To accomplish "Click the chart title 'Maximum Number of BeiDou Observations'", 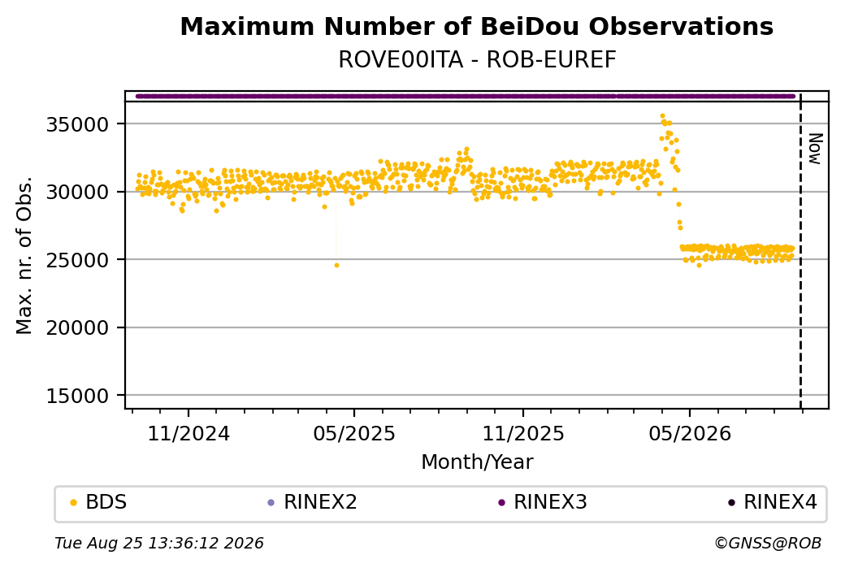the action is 476,26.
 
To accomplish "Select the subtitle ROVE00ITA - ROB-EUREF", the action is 477,60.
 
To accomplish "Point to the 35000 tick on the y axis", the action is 78,124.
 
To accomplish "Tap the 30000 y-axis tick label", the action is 78,192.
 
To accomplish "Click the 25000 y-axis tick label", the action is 78,260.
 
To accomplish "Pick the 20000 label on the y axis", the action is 78,327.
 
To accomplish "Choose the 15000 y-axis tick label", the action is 78,396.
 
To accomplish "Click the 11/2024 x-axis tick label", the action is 188,433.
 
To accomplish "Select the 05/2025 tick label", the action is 354,433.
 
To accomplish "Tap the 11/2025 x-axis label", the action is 522,433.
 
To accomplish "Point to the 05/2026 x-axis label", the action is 690,433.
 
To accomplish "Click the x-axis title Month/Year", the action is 477,462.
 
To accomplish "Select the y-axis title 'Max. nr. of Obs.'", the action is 24,255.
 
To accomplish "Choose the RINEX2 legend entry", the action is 313,502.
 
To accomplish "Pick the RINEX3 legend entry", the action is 543,502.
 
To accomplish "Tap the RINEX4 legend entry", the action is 773,502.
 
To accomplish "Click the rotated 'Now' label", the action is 816,150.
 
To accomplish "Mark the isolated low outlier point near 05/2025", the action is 337,265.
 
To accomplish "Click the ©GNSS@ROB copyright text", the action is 768,543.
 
